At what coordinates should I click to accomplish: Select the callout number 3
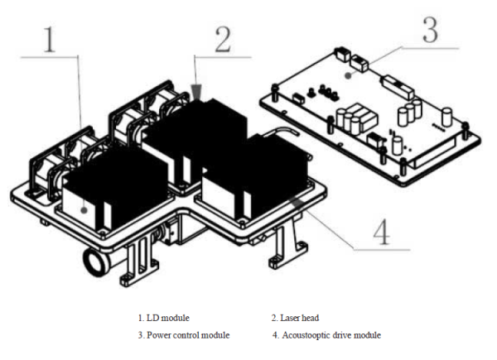(x=427, y=30)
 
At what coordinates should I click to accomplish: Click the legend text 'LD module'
(x=166, y=318)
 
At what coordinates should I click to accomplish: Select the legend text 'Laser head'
(x=300, y=318)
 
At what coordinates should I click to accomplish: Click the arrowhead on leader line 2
(x=196, y=92)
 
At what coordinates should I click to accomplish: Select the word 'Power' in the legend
(x=159, y=334)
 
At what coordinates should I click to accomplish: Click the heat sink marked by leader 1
(x=107, y=190)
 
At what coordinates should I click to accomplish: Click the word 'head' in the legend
(x=310, y=318)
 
